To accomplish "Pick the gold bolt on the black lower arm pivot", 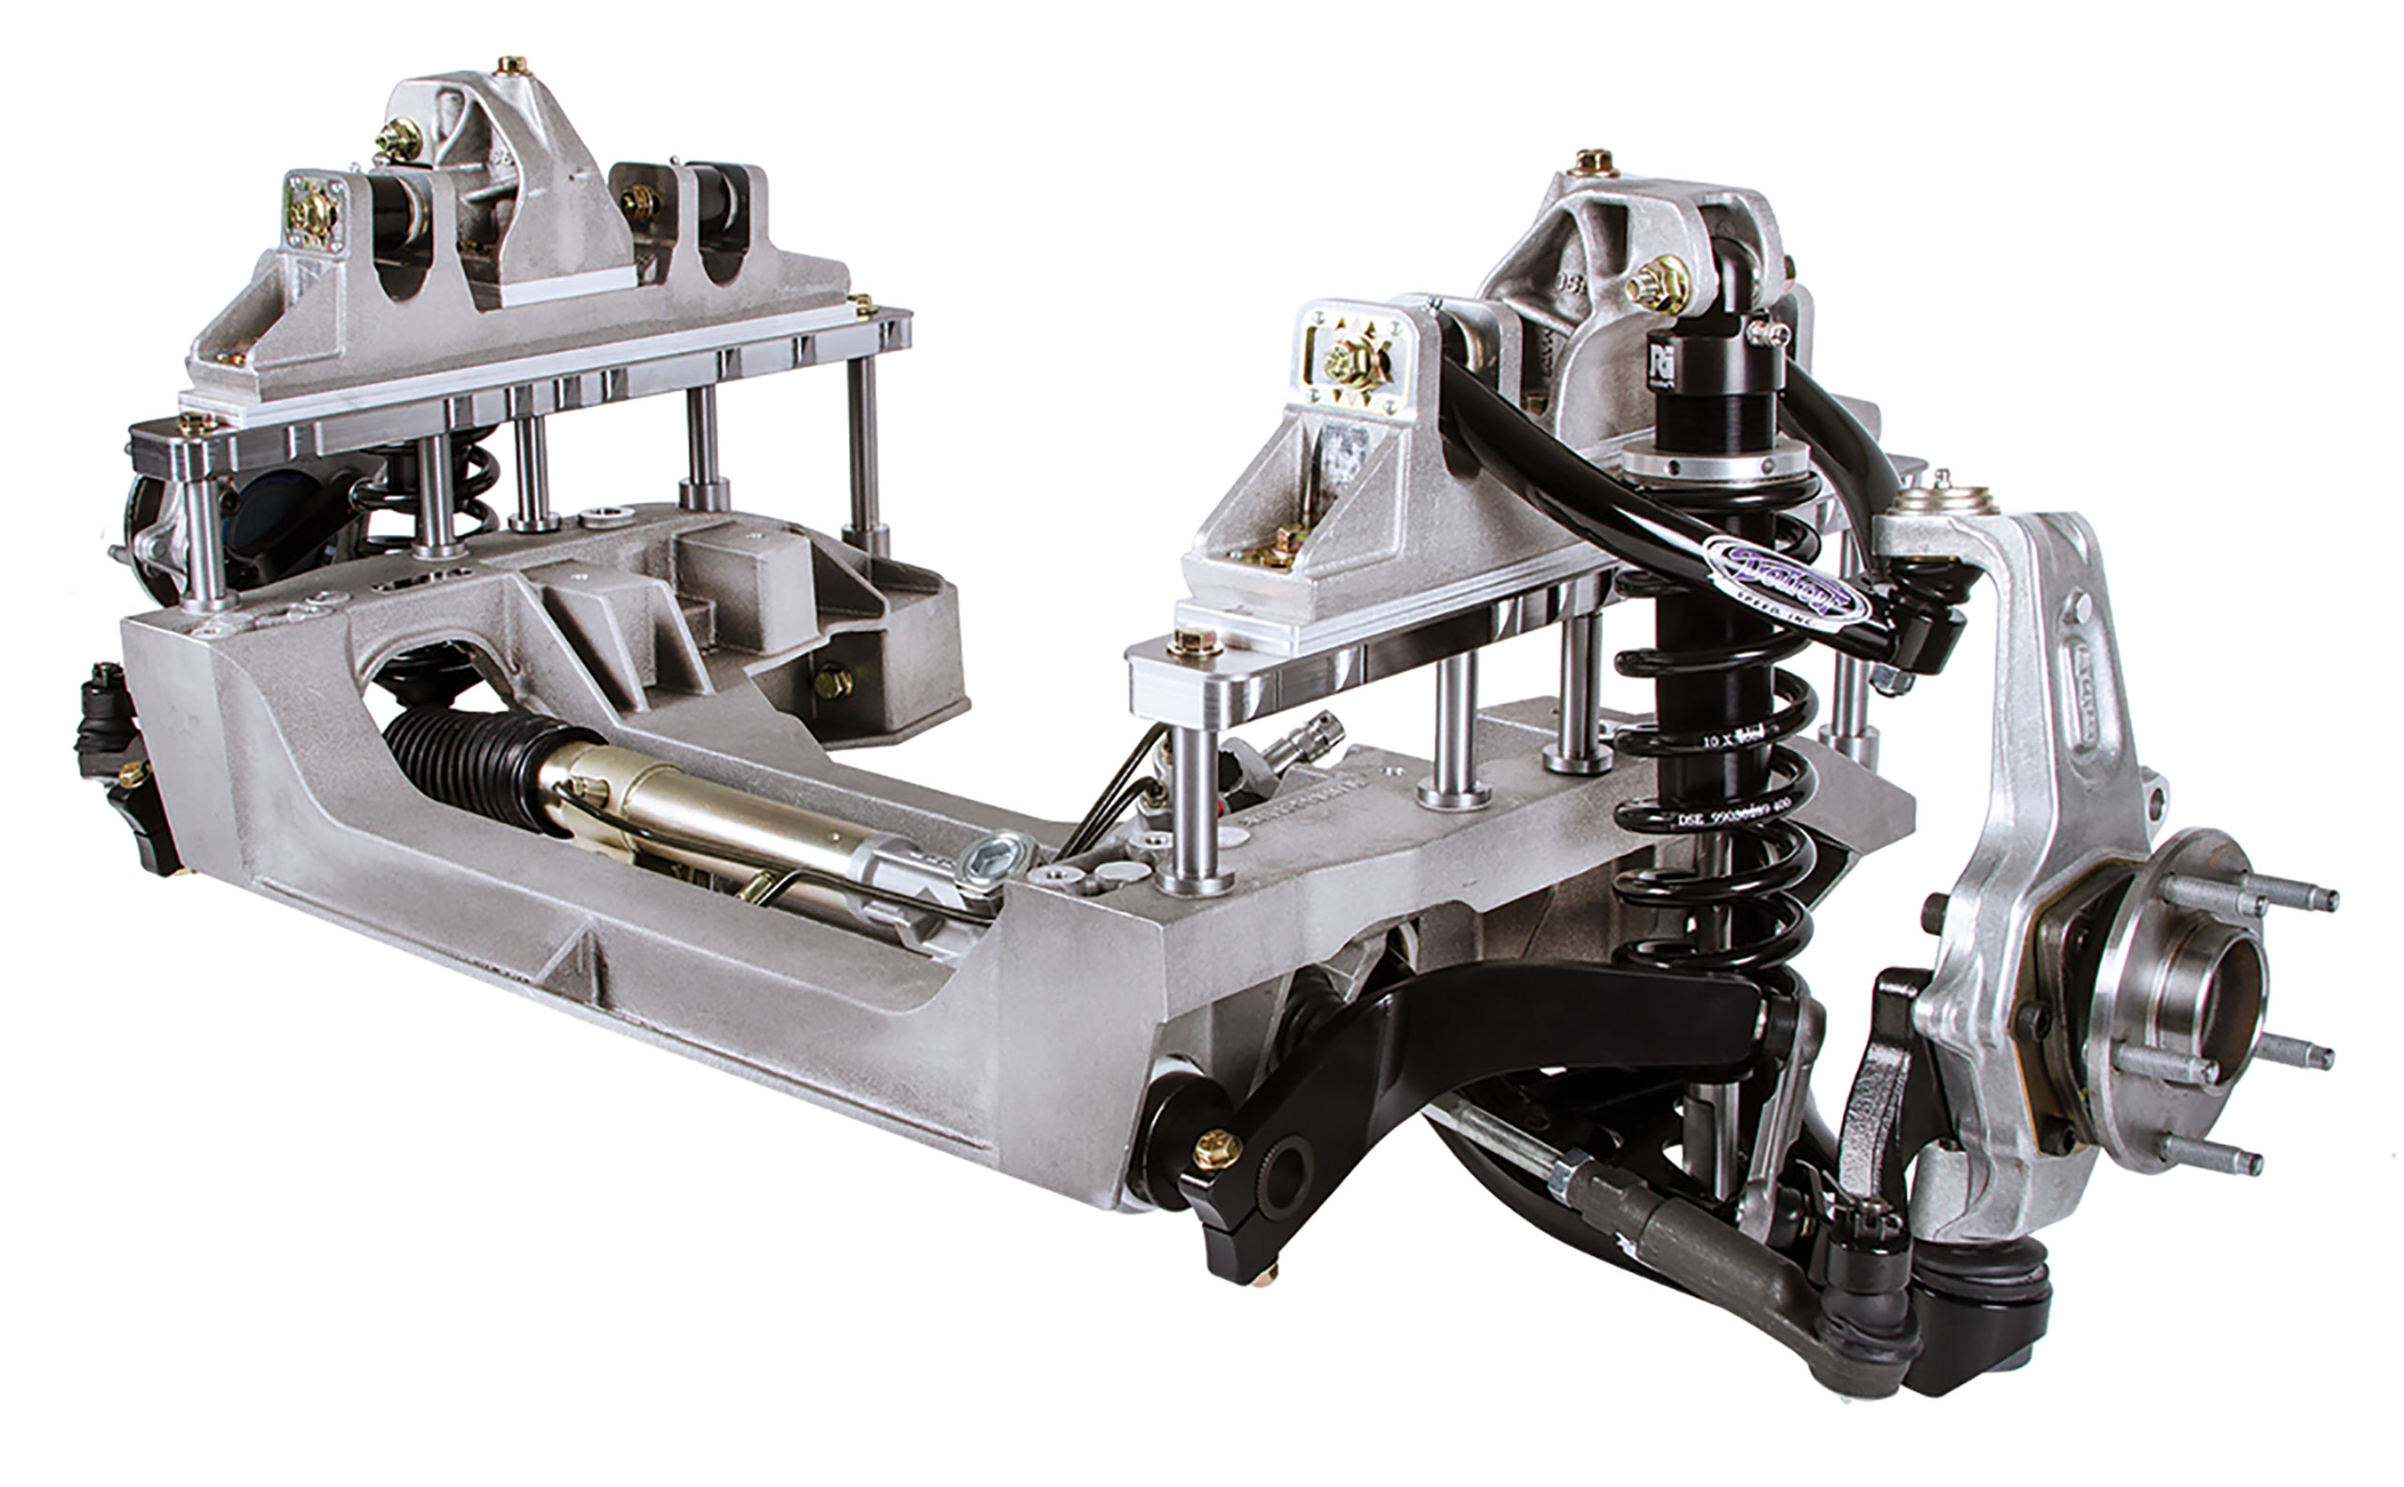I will tap(1216, 1148).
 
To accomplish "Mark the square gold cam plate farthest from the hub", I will tap(313, 212).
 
